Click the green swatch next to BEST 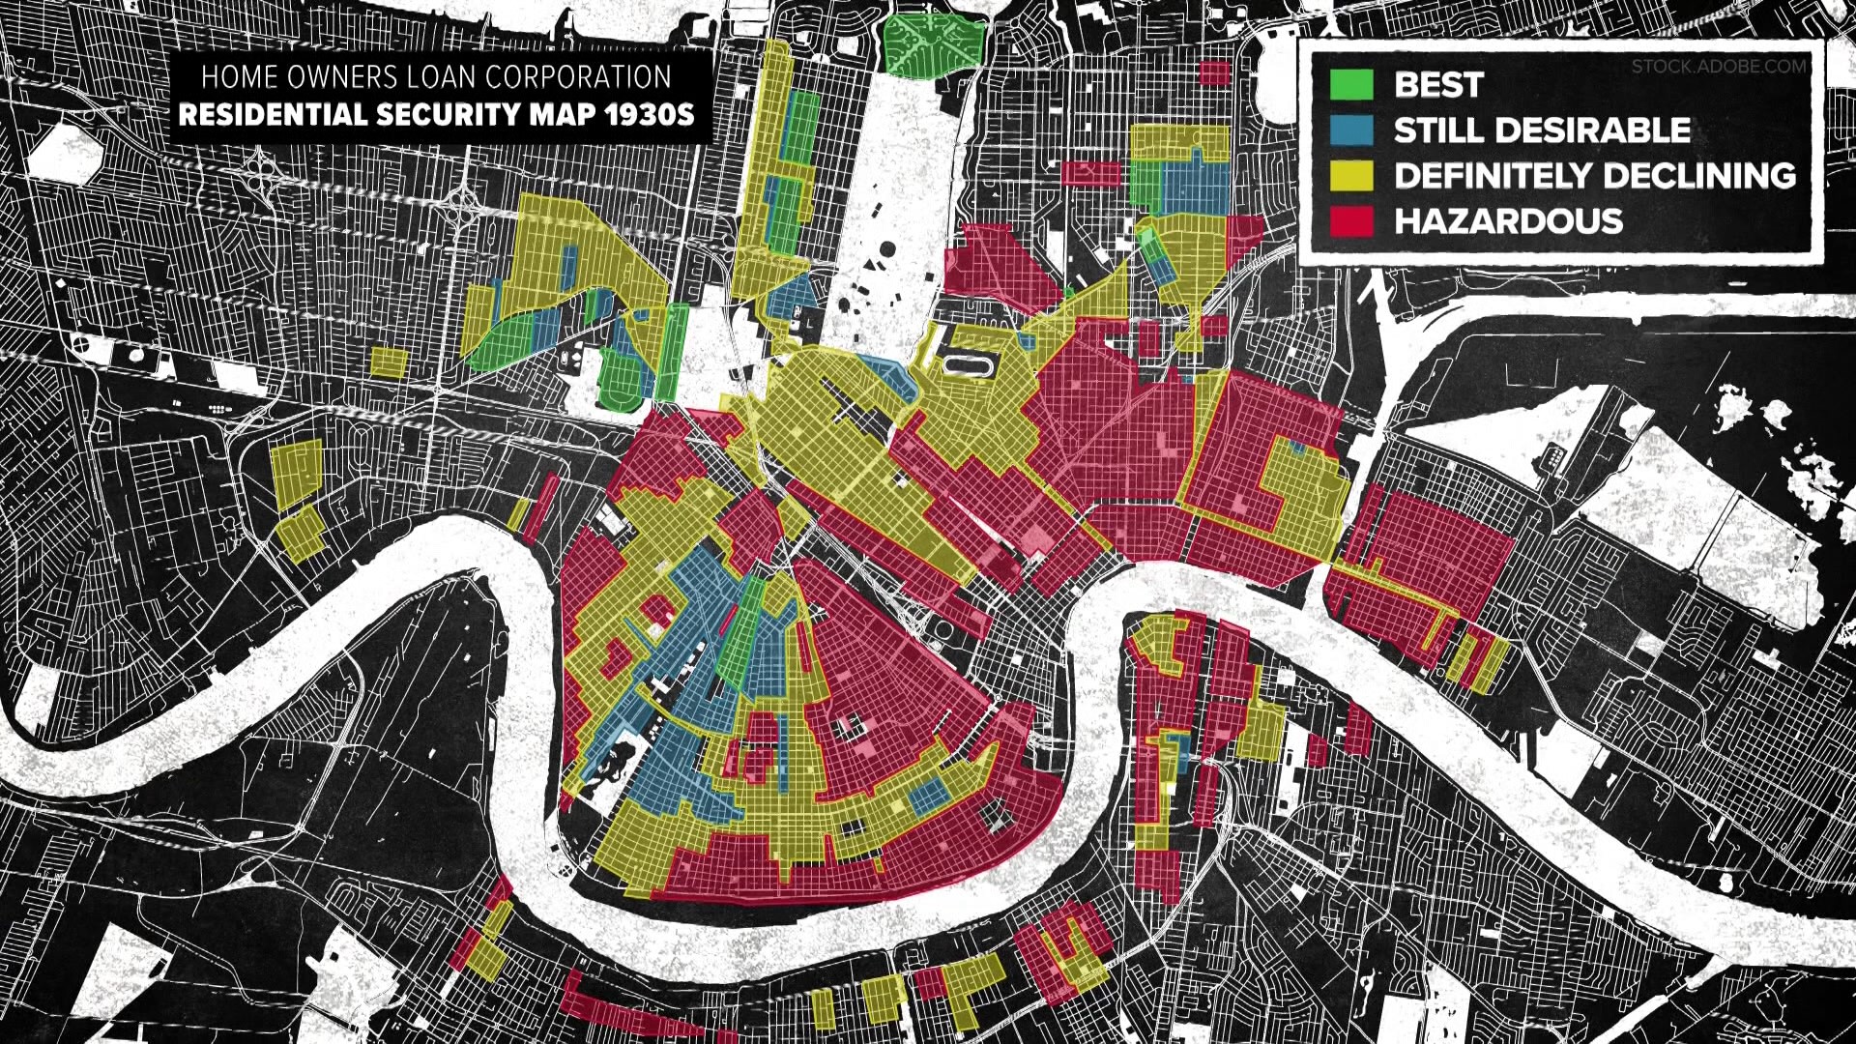pyautogui.click(x=1351, y=84)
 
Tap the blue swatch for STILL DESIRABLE pyautogui.click(x=1351, y=130)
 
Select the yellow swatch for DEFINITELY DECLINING pyautogui.click(x=1351, y=175)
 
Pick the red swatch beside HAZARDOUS pyautogui.click(x=1351, y=220)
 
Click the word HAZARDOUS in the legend pyautogui.click(x=1508, y=220)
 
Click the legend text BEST pyautogui.click(x=1438, y=84)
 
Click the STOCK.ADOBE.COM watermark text pyautogui.click(x=1718, y=67)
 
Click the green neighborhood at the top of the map pyautogui.click(x=933, y=43)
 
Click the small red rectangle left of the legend pyautogui.click(x=1214, y=72)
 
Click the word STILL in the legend pyautogui.click(x=1435, y=130)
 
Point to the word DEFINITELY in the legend pyautogui.click(x=1489, y=175)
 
